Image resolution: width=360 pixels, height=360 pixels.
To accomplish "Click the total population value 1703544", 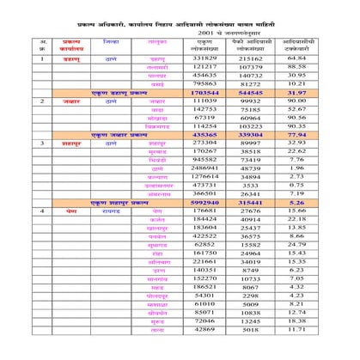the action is click(204, 92).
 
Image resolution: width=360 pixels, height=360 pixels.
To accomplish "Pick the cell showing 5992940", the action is click(204, 202).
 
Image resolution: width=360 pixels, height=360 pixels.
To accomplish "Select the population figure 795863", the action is click(204, 83).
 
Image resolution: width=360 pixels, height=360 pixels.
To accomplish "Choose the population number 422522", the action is click(204, 235).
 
